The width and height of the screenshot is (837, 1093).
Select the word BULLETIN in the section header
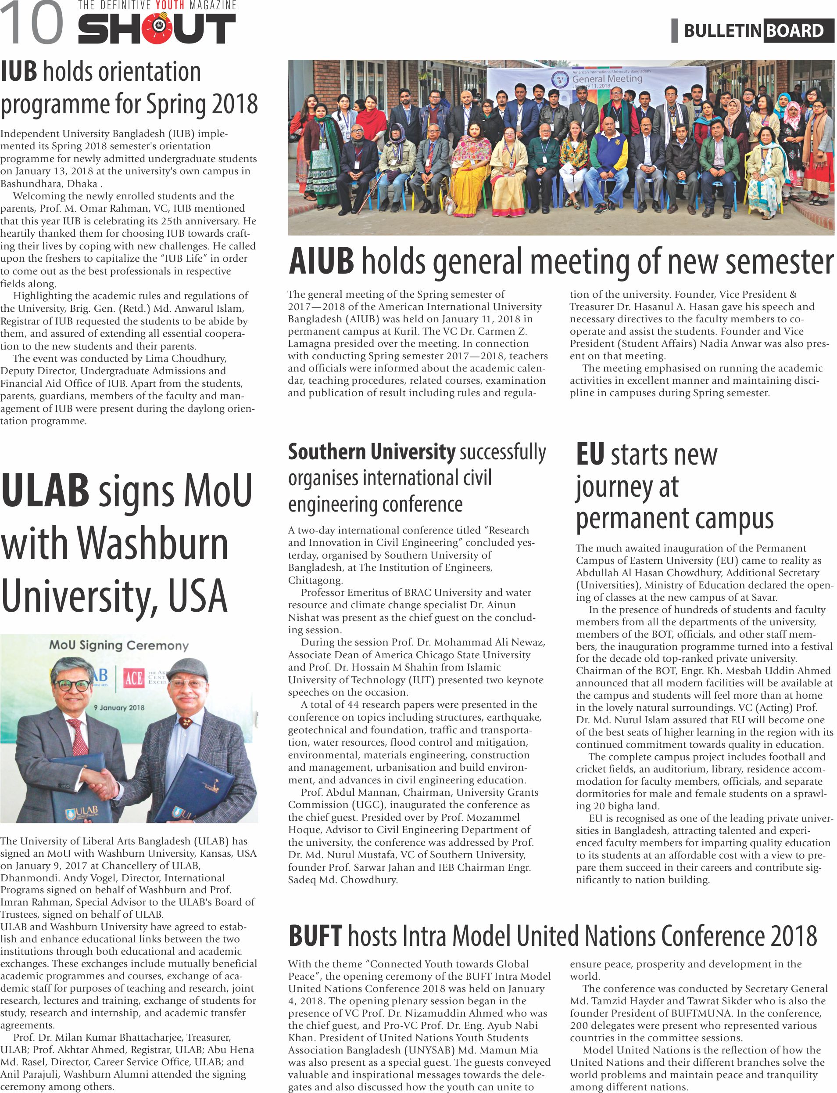(x=723, y=31)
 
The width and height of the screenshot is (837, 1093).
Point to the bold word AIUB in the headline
(x=322, y=261)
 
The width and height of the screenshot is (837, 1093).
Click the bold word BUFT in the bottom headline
(x=315, y=936)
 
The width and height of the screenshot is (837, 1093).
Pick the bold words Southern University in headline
(x=372, y=452)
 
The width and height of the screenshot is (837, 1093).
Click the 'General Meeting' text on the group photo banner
(x=607, y=79)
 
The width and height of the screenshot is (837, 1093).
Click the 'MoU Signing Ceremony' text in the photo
(x=118, y=645)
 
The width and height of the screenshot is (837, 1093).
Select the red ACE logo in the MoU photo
(x=133, y=678)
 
